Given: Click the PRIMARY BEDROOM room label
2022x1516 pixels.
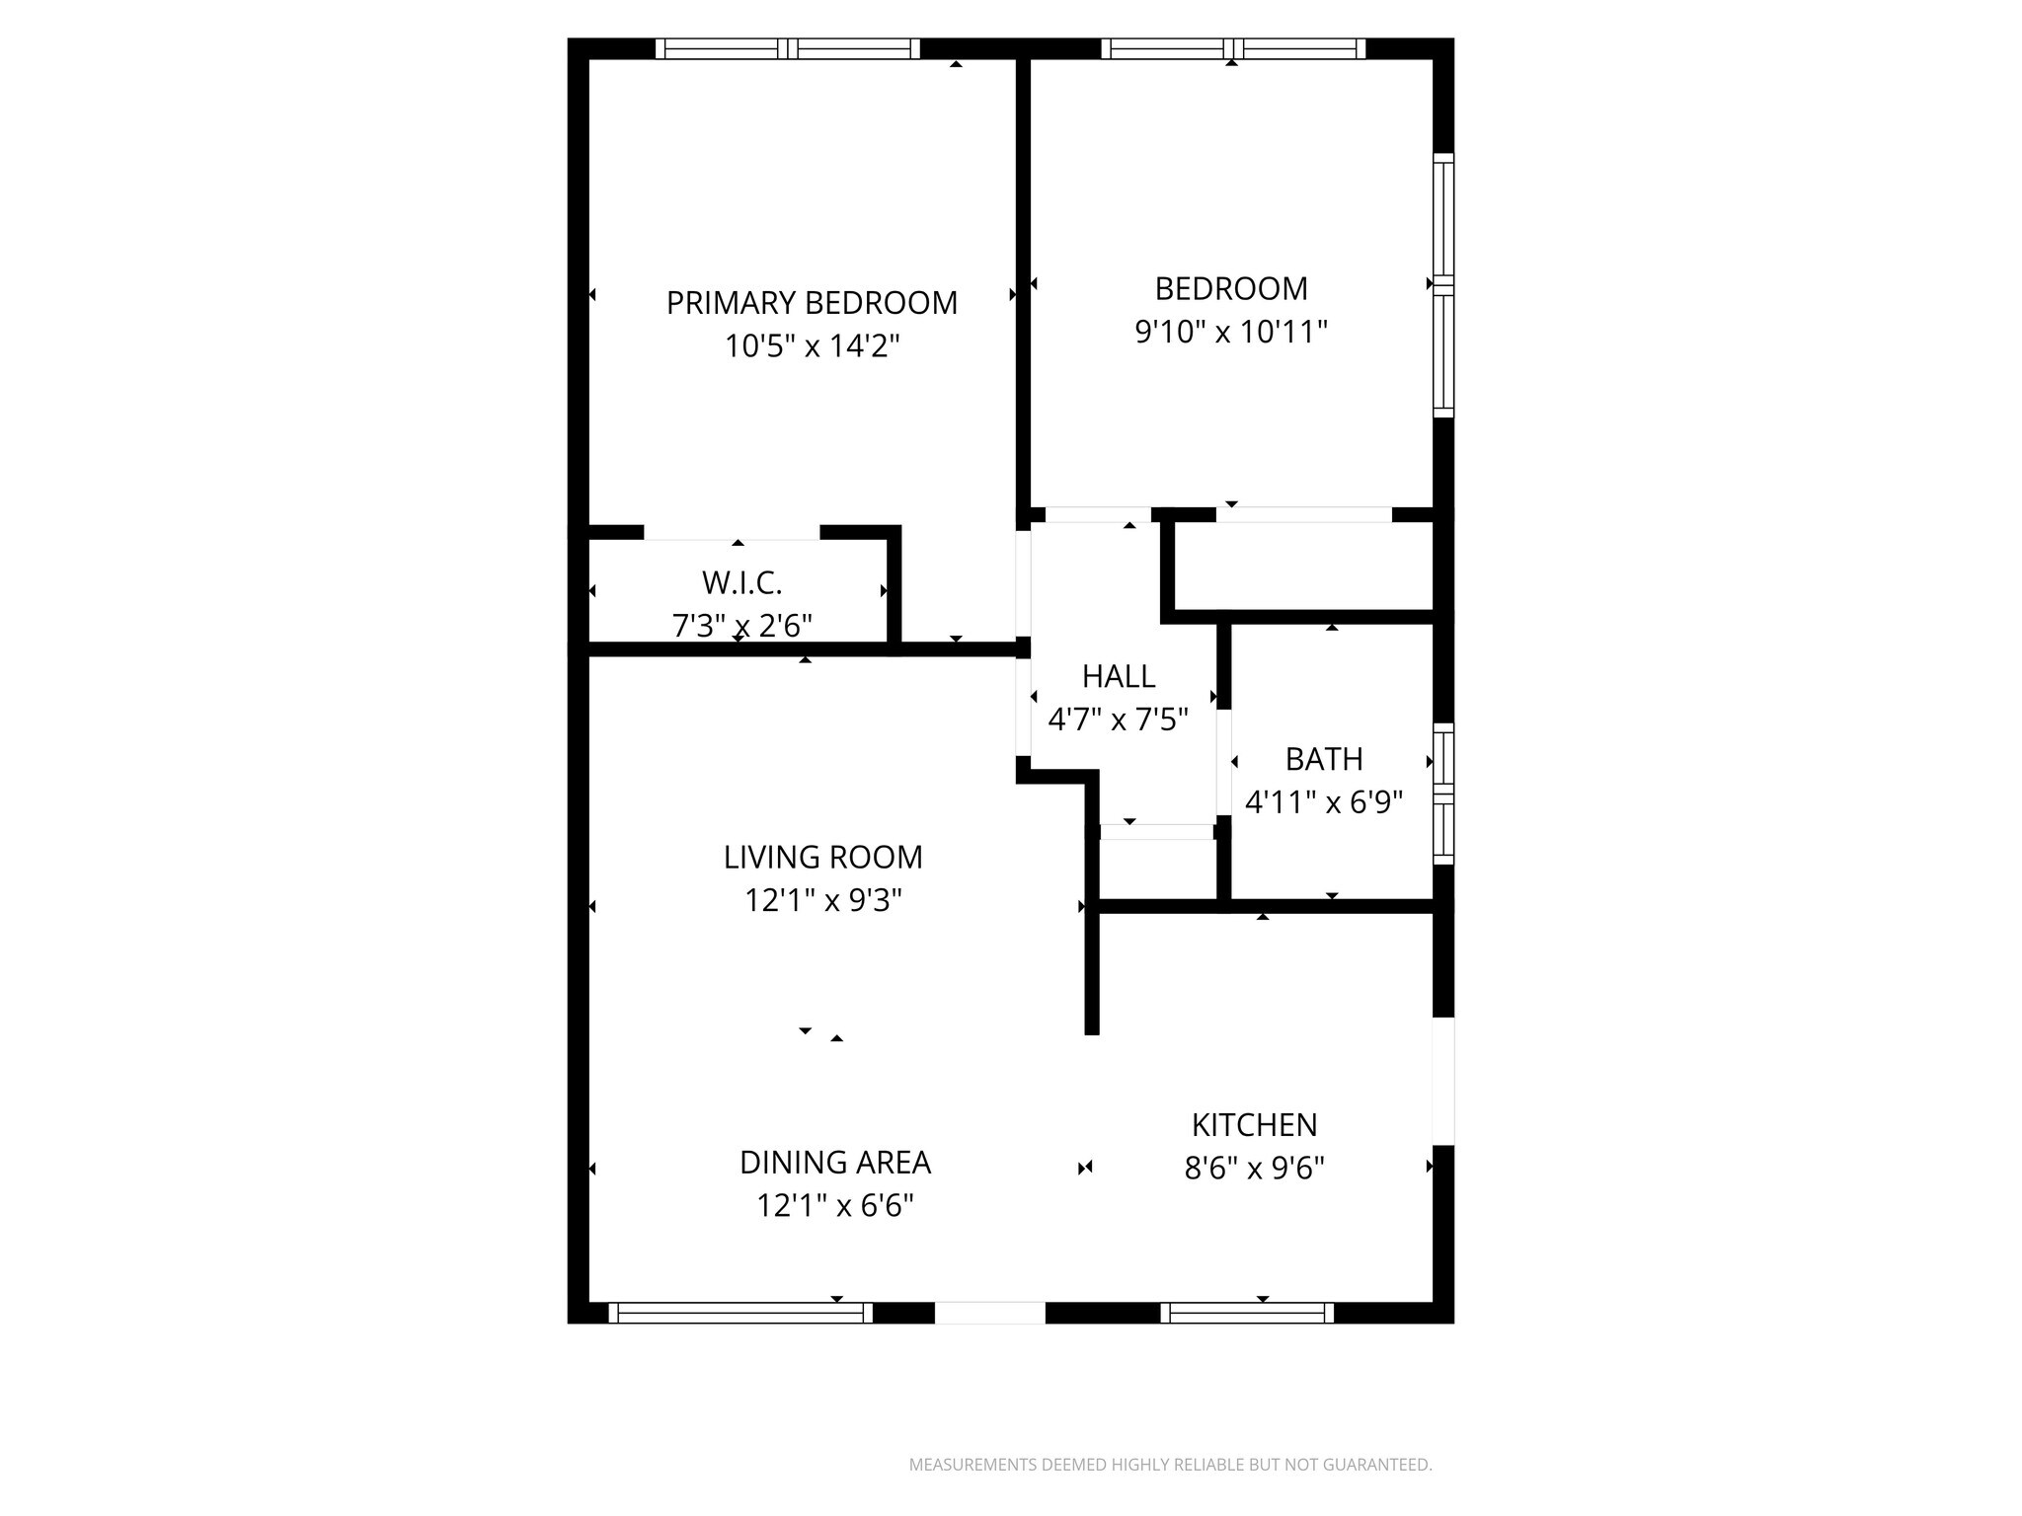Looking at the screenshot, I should (x=812, y=303).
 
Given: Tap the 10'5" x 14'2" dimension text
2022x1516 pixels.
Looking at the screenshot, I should (x=812, y=346).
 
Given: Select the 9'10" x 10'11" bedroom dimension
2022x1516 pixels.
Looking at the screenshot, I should (x=1231, y=332).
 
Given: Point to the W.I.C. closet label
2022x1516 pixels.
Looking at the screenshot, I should (x=742, y=583).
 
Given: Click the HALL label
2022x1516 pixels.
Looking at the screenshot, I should (x=1119, y=676).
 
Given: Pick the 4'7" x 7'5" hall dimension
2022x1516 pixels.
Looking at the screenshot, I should (x=1118, y=720).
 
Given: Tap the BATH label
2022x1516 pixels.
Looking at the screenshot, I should (x=1324, y=759).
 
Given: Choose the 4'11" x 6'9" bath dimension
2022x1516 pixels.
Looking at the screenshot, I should (x=1324, y=802).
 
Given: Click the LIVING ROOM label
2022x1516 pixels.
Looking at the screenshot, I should (x=822, y=857).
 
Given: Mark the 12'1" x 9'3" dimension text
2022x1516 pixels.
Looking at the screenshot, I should (x=822, y=900).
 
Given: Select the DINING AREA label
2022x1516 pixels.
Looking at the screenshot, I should (x=835, y=1163).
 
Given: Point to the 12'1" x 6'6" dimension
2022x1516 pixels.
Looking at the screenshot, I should (x=835, y=1206).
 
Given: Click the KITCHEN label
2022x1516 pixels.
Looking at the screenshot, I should (x=1254, y=1125).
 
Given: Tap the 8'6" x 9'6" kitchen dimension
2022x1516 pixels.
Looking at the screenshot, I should (x=1254, y=1169).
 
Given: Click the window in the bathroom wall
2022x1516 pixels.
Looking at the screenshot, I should (x=1443, y=794).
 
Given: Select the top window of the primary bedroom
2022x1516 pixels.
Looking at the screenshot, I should (x=787, y=48).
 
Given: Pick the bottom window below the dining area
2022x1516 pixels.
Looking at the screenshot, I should (x=740, y=1313).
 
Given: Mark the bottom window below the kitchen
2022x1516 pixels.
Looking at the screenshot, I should (x=1247, y=1313).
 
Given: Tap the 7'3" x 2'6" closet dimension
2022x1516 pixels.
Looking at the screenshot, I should (x=742, y=626).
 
